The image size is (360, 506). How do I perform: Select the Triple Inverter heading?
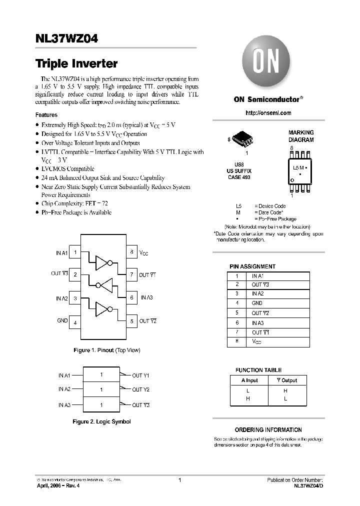tap(76, 64)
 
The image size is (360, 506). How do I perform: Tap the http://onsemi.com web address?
tap(268, 113)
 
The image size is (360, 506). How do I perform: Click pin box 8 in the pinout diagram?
tap(131, 252)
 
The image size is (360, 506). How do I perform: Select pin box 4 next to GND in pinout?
tap(75, 322)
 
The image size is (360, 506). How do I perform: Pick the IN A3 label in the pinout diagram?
tap(146, 298)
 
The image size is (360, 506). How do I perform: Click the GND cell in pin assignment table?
tap(257, 303)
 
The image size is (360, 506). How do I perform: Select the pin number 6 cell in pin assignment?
tap(237, 322)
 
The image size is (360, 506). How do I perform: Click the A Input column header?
tap(249, 380)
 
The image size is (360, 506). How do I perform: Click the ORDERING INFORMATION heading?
tap(268, 430)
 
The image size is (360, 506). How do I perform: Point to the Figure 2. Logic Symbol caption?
tap(101, 421)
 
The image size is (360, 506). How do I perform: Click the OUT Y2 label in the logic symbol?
tap(140, 389)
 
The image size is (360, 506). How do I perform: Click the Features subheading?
tap(46, 114)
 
